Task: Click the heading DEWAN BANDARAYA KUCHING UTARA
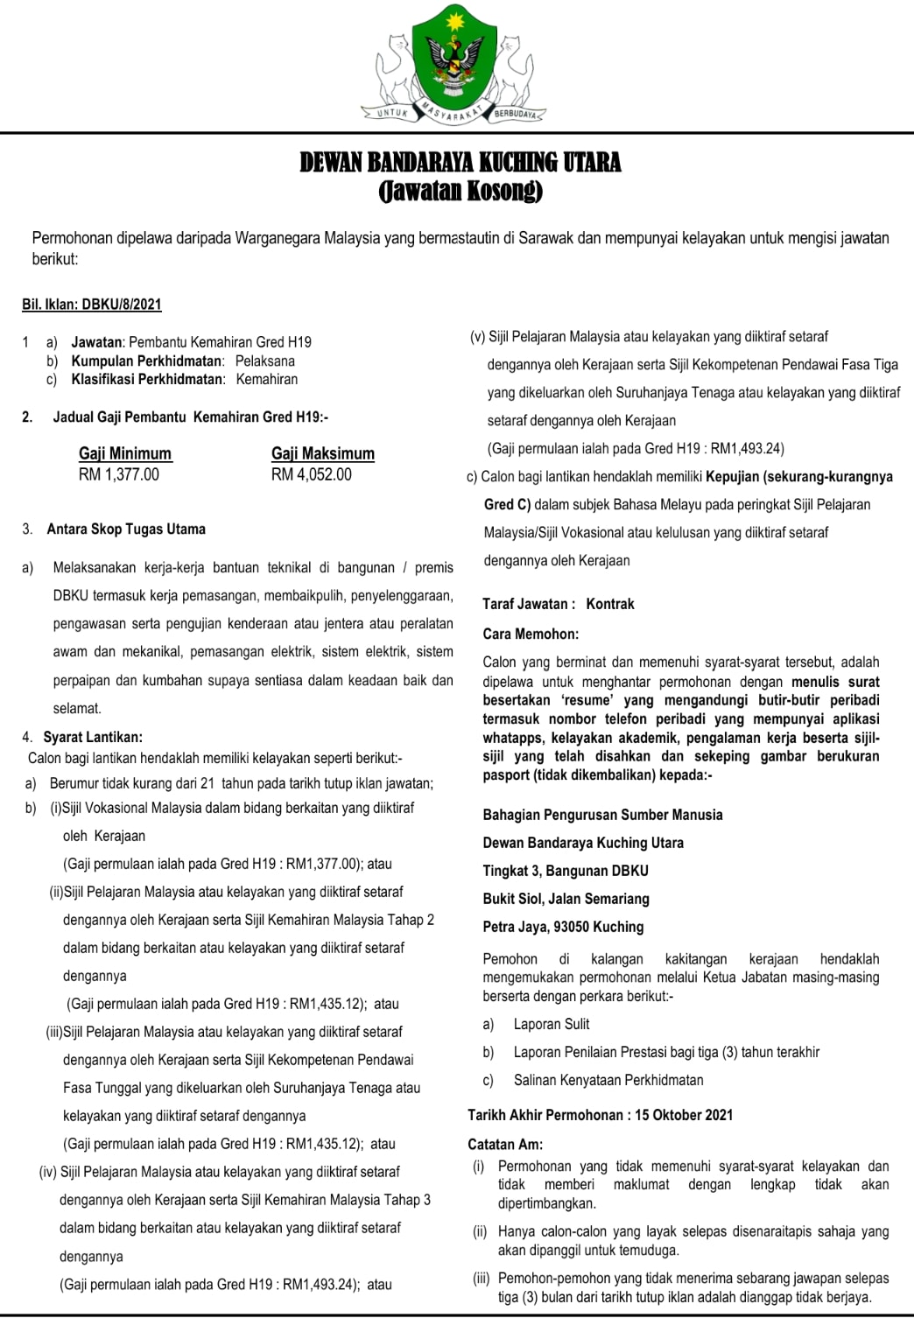tap(461, 163)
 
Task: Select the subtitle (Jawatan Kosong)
tap(461, 191)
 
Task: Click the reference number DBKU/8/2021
tap(121, 305)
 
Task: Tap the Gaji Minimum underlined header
tap(125, 453)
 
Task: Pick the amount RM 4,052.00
tap(312, 474)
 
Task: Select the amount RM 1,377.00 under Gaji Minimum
tap(119, 474)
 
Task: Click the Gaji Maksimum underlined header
tap(323, 453)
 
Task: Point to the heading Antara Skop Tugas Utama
tap(126, 529)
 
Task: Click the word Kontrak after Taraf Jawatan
tap(610, 604)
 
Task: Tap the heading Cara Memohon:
tap(531, 634)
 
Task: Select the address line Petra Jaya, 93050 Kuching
tap(563, 927)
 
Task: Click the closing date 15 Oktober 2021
tap(684, 1115)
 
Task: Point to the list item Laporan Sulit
tap(552, 1024)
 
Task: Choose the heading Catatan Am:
tap(505, 1144)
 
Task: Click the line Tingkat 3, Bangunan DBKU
tap(566, 871)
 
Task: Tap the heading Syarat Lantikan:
tap(93, 737)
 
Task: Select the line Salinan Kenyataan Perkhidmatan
tap(608, 1080)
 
